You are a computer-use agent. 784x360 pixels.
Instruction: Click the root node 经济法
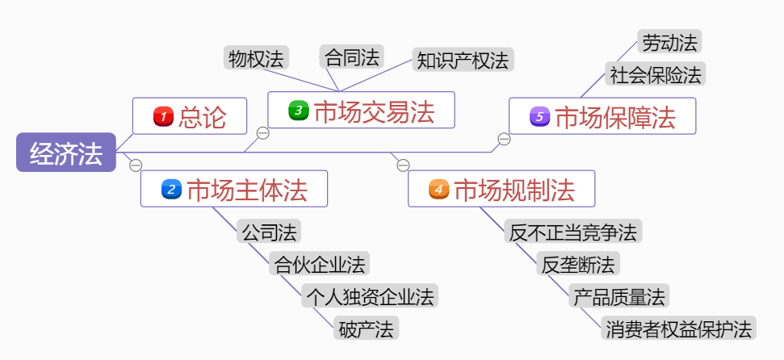click(x=66, y=153)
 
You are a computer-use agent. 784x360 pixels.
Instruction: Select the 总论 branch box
click(x=191, y=117)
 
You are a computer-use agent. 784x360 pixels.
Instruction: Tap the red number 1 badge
click(x=163, y=117)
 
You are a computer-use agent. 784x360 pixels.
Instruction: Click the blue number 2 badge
click(x=171, y=190)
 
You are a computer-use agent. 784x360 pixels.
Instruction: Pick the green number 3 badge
click(x=299, y=110)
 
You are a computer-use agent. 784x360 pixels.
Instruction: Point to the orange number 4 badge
click(x=438, y=190)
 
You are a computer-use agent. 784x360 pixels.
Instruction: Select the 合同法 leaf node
click(x=351, y=57)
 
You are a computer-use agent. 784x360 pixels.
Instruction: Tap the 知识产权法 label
click(x=463, y=60)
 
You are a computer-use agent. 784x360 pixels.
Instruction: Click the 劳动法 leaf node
click(x=669, y=41)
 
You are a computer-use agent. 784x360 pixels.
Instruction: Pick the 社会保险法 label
click(x=656, y=74)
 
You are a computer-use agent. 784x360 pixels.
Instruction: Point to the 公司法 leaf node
click(x=270, y=232)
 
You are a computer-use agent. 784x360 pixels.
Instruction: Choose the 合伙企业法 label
click(x=320, y=264)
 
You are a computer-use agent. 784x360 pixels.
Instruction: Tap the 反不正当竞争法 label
click(x=573, y=232)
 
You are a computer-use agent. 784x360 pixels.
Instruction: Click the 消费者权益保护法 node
click(x=678, y=329)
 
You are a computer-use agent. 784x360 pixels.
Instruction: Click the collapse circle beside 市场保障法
click(x=504, y=140)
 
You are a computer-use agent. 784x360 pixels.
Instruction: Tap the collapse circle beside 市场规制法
click(x=404, y=165)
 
